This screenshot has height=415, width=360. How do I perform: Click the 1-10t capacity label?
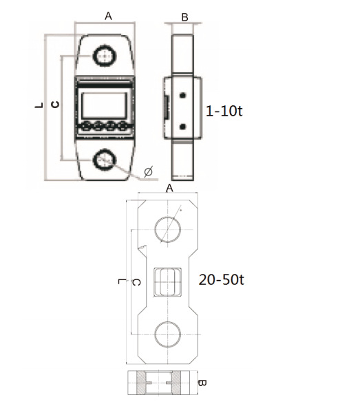pyautogui.click(x=224, y=111)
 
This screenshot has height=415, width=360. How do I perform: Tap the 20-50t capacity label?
pyautogui.click(x=221, y=279)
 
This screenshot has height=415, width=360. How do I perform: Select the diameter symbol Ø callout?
pyautogui.click(x=149, y=171)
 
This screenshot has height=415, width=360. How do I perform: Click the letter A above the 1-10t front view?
pyautogui.click(x=108, y=16)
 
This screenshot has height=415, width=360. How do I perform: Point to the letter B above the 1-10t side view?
pyautogui.click(x=184, y=17)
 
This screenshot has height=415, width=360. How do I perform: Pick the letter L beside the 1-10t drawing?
pyautogui.click(x=39, y=105)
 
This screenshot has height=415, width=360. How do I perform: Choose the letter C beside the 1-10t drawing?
pyautogui.click(x=55, y=105)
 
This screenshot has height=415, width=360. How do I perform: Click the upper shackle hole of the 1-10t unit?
pyautogui.click(x=105, y=56)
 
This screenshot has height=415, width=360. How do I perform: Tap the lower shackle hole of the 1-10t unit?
pyautogui.click(x=105, y=160)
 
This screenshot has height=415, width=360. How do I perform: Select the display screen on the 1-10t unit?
pyautogui.click(x=104, y=105)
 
